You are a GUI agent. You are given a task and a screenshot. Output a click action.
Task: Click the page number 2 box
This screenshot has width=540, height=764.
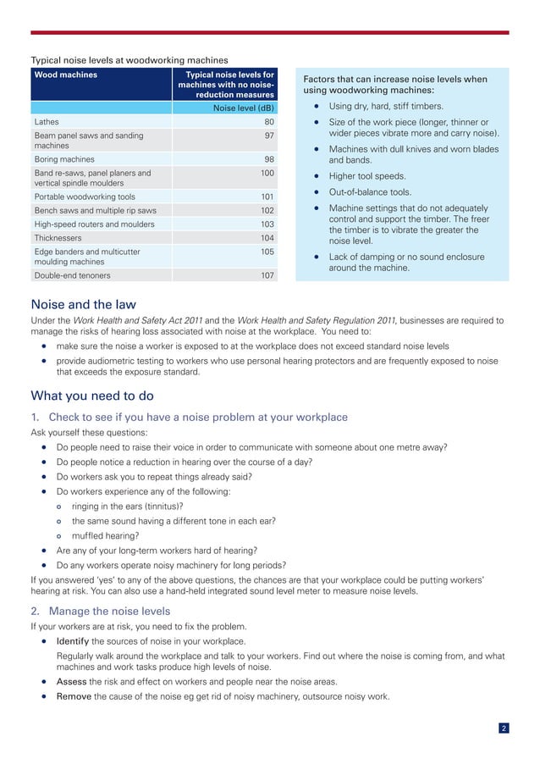click(x=504, y=728)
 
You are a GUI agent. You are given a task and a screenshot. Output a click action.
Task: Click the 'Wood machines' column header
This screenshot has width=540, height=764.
click(x=65, y=75)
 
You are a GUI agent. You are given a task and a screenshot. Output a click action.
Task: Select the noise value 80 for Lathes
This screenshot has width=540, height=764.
click(x=268, y=122)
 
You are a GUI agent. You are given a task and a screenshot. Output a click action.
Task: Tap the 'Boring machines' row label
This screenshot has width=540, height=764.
click(x=64, y=159)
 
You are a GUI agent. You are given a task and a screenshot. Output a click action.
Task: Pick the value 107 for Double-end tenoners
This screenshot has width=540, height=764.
click(x=267, y=275)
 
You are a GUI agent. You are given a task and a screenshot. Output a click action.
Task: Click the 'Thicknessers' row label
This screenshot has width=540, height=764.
click(x=58, y=238)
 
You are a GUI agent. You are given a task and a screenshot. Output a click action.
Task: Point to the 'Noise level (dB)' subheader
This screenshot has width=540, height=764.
click(x=243, y=108)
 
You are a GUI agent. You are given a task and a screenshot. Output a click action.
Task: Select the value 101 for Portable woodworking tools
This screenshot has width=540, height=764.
click(x=267, y=197)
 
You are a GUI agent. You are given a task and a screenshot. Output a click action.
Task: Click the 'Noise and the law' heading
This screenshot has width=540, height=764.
click(x=83, y=304)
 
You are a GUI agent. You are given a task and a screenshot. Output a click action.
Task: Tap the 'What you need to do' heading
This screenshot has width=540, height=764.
click(x=91, y=396)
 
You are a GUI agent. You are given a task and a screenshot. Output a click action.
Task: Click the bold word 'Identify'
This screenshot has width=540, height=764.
click(x=73, y=641)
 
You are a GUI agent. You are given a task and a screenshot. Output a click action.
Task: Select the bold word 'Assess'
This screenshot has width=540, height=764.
click(x=71, y=682)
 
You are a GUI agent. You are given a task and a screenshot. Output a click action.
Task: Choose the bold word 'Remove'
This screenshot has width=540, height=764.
click(x=74, y=697)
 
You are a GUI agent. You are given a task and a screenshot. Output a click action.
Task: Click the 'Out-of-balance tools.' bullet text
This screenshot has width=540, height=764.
click(x=370, y=192)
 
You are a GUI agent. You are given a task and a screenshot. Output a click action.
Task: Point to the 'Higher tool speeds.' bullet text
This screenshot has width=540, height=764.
click(x=366, y=177)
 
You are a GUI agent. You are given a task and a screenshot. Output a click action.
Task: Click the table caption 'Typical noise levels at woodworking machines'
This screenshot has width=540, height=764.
click(x=129, y=60)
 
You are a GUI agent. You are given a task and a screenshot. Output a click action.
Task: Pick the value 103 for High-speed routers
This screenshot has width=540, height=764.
click(x=267, y=224)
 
